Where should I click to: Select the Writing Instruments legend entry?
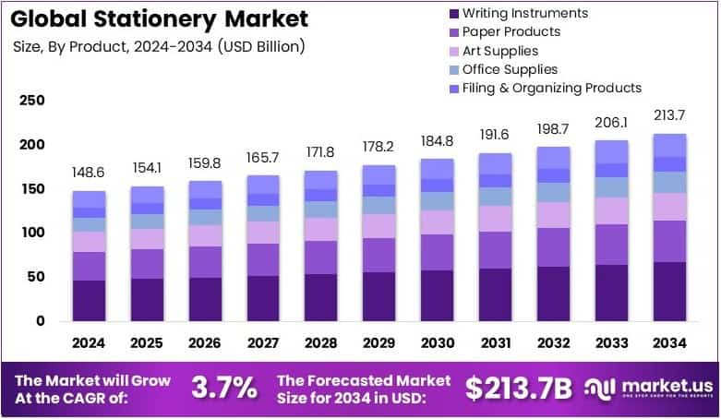click(523, 13)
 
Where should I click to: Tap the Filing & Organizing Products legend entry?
click(551, 88)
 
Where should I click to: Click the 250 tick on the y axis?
click(31, 101)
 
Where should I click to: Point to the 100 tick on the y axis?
click(31, 233)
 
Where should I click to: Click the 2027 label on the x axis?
click(264, 343)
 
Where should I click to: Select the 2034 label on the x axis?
click(670, 343)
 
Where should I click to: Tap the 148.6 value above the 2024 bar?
click(90, 174)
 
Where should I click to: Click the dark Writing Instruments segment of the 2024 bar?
click(90, 300)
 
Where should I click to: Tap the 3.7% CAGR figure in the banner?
click(223, 389)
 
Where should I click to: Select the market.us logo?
click(645, 389)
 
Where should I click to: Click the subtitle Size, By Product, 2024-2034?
click(160, 45)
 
